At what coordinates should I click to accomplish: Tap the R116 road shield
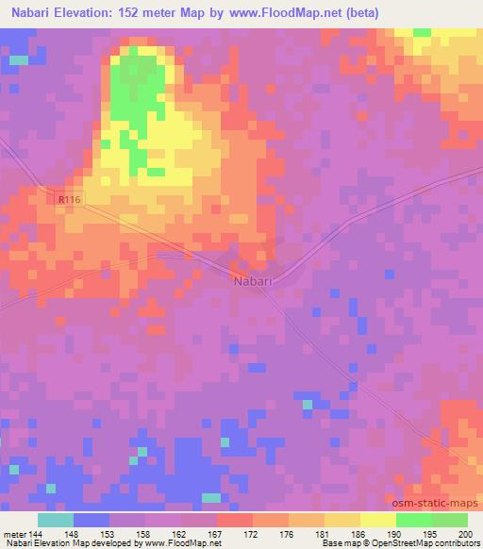coord(67,199)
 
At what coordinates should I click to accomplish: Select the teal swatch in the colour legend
coord(55,520)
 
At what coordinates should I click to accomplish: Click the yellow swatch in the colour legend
coord(377,520)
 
